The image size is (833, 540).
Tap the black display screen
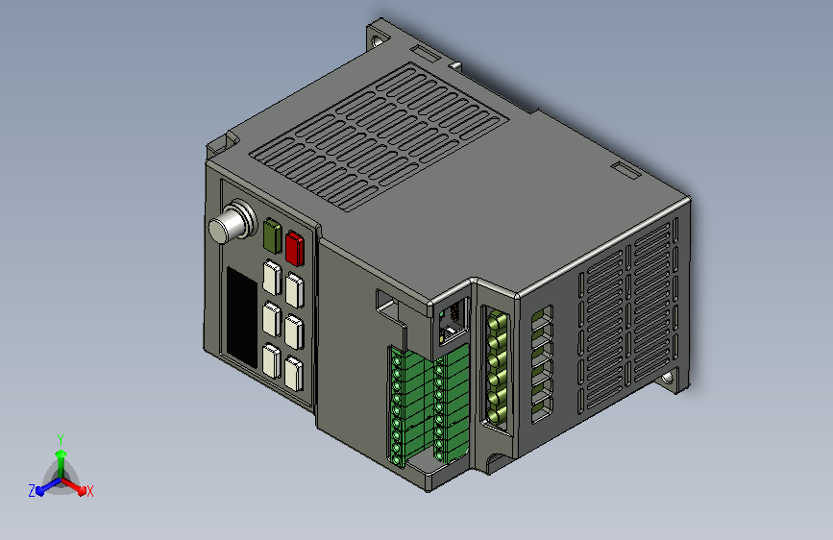[x=242, y=317]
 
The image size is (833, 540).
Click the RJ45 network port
[x=453, y=323]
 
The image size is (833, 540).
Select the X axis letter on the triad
[x=89, y=491]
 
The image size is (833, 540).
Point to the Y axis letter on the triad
[x=61, y=440]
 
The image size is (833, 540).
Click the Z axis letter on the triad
[x=32, y=491]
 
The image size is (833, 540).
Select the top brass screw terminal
[x=498, y=321]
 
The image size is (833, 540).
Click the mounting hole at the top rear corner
[x=378, y=40]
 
